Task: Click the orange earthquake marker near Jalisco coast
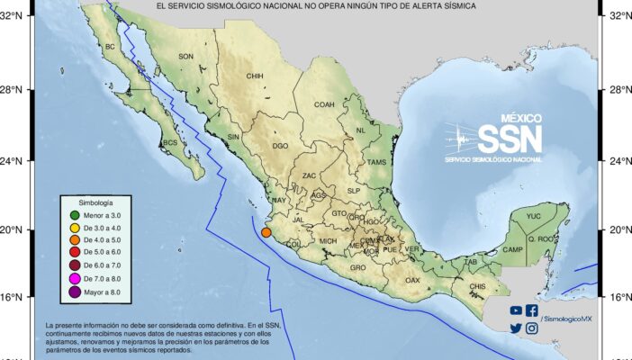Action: (266, 234)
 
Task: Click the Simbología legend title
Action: (95, 203)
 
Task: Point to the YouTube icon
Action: (516, 310)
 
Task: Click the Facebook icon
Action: (532, 310)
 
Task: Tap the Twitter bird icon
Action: (516, 328)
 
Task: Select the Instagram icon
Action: (532, 328)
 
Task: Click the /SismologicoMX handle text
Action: (566, 319)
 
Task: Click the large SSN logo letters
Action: (509, 139)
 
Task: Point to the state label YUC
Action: (534, 217)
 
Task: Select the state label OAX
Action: (412, 280)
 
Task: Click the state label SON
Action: (186, 57)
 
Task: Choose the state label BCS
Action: (168, 143)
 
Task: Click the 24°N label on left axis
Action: (15, 161)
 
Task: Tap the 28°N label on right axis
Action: (617, 90)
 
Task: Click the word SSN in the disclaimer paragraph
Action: (275, 325)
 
